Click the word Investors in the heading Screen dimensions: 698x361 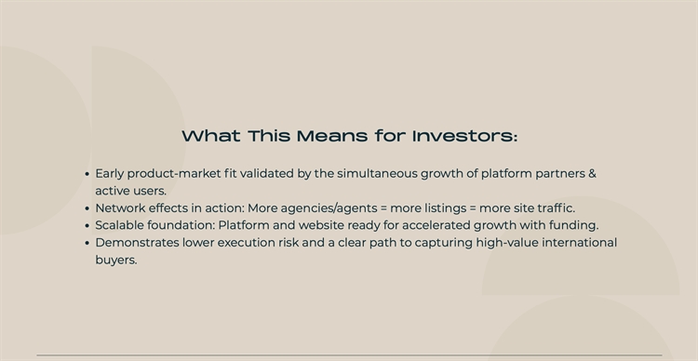click(x=465, y=136)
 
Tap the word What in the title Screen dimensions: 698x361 click(x=211, y=136)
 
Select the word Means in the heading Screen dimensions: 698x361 click(x=332, y=136)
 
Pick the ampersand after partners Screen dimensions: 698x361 click(x=592, y=174)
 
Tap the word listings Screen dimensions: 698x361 click(x=445, y=208)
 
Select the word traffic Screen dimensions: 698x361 click(x=556, y=208)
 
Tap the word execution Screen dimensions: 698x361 click(x=246, y=243)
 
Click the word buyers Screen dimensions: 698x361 click(x=116, y=261)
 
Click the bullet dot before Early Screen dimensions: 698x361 click(x=87, y=175)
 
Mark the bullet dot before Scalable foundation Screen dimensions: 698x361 click(x=87, y=227)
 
